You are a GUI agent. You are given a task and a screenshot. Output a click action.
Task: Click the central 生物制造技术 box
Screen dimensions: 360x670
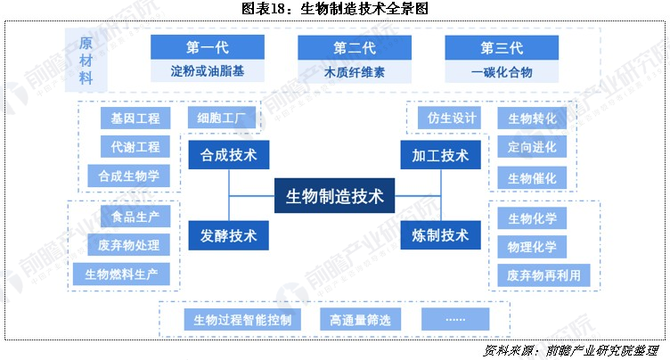click(335, 196)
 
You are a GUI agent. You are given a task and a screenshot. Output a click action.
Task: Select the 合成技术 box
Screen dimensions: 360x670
click(229, 155)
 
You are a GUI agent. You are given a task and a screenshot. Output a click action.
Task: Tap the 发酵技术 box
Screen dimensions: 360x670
click(229, 235)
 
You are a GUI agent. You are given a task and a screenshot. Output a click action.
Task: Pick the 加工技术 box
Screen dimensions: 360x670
click(440, 155)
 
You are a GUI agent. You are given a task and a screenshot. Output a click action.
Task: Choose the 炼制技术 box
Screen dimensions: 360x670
click(440, 235)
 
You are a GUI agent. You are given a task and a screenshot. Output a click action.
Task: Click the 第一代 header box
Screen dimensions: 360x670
click(208, 47)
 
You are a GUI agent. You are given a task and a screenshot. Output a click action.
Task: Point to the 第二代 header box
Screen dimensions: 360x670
click(355, 47)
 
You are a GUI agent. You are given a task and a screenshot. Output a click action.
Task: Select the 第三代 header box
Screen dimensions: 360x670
click(502, 47)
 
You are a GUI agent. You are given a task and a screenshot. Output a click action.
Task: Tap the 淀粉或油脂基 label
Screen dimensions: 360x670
click(208, 71)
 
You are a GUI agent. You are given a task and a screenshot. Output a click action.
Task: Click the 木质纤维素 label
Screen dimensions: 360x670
click(355, 71)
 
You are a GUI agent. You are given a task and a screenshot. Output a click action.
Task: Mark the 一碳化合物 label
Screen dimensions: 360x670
click(502, 71)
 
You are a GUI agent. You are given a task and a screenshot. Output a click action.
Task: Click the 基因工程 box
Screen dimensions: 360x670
click(128, 118)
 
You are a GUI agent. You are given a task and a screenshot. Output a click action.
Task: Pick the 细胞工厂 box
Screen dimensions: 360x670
click(222, 118)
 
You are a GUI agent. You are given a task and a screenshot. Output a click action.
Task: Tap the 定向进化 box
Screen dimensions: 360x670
click(532, 147)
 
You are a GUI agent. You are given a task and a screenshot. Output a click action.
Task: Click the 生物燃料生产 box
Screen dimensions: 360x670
click(121, 274)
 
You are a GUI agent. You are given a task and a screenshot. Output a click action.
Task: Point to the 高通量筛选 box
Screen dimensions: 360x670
click(360, 319)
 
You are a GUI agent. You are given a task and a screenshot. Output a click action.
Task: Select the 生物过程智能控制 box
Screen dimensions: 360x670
click(242, 319)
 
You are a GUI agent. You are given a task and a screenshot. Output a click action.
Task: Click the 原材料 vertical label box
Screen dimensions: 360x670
click(86, 61)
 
